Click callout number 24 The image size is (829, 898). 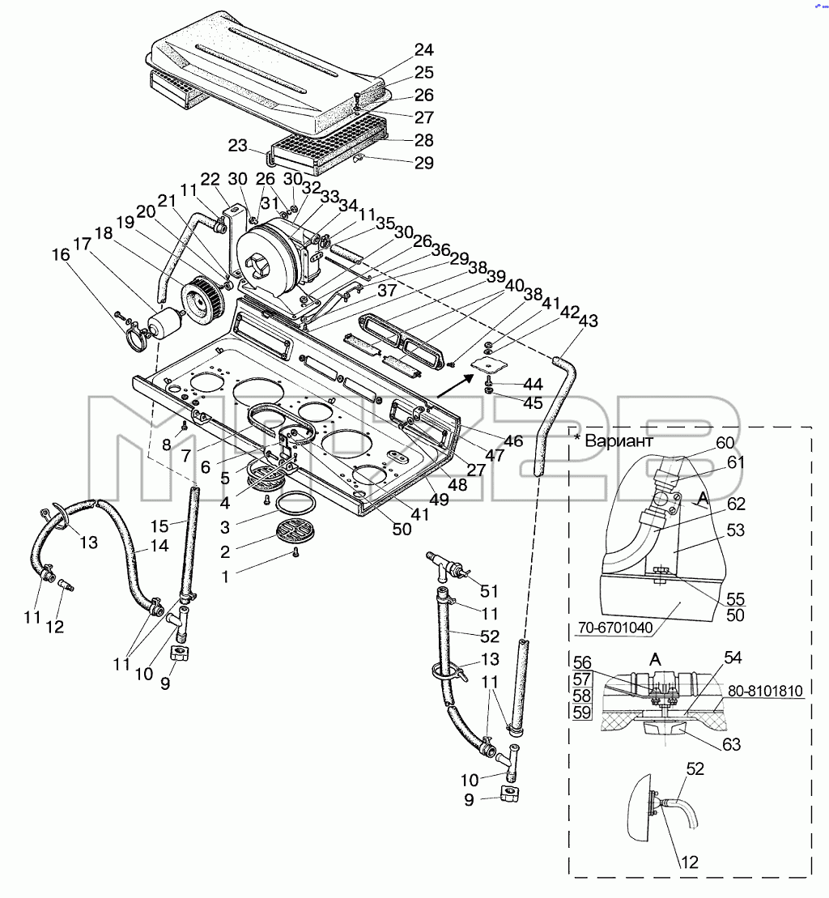pyautogui.click(x=423, y=50)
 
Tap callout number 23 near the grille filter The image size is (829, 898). pyautogui.click(x=237, y=146)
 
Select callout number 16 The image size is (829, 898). pyautogui.click(x=61, y=254)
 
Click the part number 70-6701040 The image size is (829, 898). pyautogui.click(x=615, y=628)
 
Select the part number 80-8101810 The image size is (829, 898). pyautogui.click(x=766, y=692)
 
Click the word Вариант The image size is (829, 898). pyautogui.click(x=619, y=441)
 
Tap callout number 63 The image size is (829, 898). pyautogui.click(x=732, y=744)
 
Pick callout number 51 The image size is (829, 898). pyautogui.click(x=489, y=591)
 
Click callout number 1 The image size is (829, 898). pyautogui.click(x=225, y=577)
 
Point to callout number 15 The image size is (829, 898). pyautogui.click(x=159, y=526)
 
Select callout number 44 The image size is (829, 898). pyautogui.click(x=533, y=384)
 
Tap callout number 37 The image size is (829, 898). pyautogui.click(x=388, y=291)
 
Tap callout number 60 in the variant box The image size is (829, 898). pyautogui.click(x=725, y=443)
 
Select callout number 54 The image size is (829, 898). pyautogui.click(x=733, y=658)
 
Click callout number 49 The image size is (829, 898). pyautogui.click(x=439, y=500)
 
